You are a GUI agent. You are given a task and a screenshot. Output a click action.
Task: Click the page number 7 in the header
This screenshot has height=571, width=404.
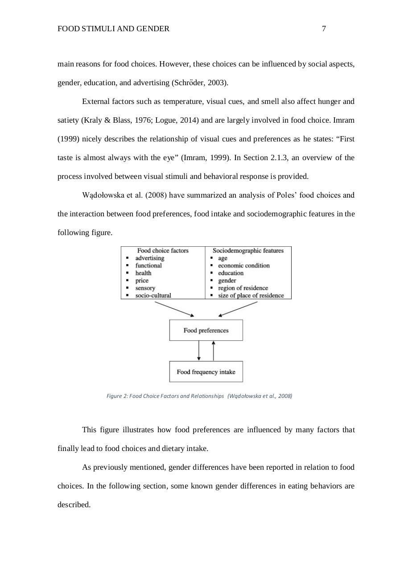(x=324, y=29)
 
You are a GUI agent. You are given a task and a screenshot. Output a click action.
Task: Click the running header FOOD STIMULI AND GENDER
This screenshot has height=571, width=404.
(x=113, y=29)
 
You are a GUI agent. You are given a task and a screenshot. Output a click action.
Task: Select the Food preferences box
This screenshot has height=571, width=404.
(x=206, y=331)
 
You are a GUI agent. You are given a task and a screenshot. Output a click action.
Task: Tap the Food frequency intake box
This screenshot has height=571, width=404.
(x=206, y=372)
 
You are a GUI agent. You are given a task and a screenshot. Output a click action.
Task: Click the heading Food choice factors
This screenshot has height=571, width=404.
(x=163, y=251)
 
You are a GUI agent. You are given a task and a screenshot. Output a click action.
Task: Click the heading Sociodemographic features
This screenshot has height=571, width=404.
(x=248, y=251)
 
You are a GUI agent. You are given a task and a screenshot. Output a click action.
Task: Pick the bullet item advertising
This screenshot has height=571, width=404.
(x=150, y=258)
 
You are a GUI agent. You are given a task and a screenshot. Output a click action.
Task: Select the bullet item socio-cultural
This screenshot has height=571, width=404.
(x=153, y=295)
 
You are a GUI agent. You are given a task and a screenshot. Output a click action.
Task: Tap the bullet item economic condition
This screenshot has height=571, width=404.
(x=243, y=265)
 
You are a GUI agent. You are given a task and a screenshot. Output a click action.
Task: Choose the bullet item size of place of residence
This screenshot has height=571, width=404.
(x=251, y=295)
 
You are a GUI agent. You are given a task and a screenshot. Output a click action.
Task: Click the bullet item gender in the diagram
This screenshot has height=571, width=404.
(x=227, y=281)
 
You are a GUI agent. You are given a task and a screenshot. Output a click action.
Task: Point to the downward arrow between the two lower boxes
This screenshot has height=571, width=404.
(x=199, y=351)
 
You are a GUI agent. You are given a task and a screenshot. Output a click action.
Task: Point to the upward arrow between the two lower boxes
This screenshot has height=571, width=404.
(x=214, y=351)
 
